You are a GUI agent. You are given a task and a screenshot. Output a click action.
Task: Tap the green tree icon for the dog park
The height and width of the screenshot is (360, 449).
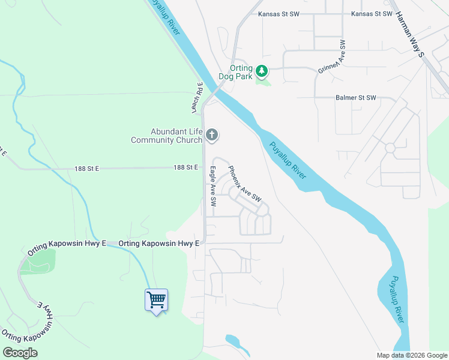coord(262,71)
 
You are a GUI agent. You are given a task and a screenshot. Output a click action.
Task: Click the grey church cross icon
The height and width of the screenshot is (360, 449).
coord(211,135)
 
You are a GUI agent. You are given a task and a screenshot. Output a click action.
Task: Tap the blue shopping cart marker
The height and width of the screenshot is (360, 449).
coord(156,299)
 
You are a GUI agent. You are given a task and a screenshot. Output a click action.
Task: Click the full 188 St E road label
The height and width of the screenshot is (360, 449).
coord(185,167)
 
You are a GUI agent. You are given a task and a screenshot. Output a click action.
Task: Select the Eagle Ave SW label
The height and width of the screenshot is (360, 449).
coord(212,187)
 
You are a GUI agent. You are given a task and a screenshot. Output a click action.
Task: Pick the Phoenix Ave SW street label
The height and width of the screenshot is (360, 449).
coord(245,183)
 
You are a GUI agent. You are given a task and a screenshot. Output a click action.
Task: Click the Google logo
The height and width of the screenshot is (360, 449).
coord(20,353)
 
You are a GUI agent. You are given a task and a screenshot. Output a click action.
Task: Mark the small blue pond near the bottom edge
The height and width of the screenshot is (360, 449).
coord(231,340)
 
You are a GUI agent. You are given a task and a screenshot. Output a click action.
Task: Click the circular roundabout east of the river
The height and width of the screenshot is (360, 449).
coord(390,147)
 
